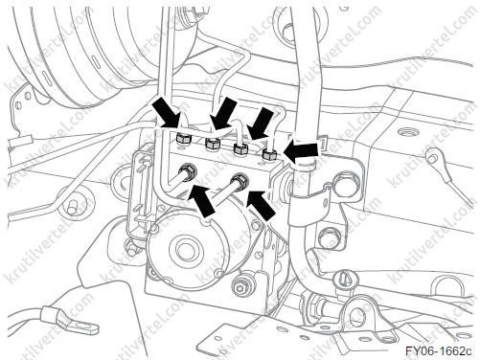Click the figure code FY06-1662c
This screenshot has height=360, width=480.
click(x=438, y=351)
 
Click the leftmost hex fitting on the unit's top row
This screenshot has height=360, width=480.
click(x=182, y=138)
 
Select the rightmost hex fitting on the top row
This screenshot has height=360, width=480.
click(x=268, y=155)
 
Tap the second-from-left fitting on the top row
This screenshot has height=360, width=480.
click(x=212, y=144)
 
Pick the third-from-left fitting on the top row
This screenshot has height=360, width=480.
click(x=240, y=148)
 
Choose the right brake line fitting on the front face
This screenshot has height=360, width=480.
click(x=240, y=181)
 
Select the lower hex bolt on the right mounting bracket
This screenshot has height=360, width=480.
click(x=326, y=237)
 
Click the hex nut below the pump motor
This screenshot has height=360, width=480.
click(x=242, y=284)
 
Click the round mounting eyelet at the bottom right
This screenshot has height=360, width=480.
click(x=357, y=315)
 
